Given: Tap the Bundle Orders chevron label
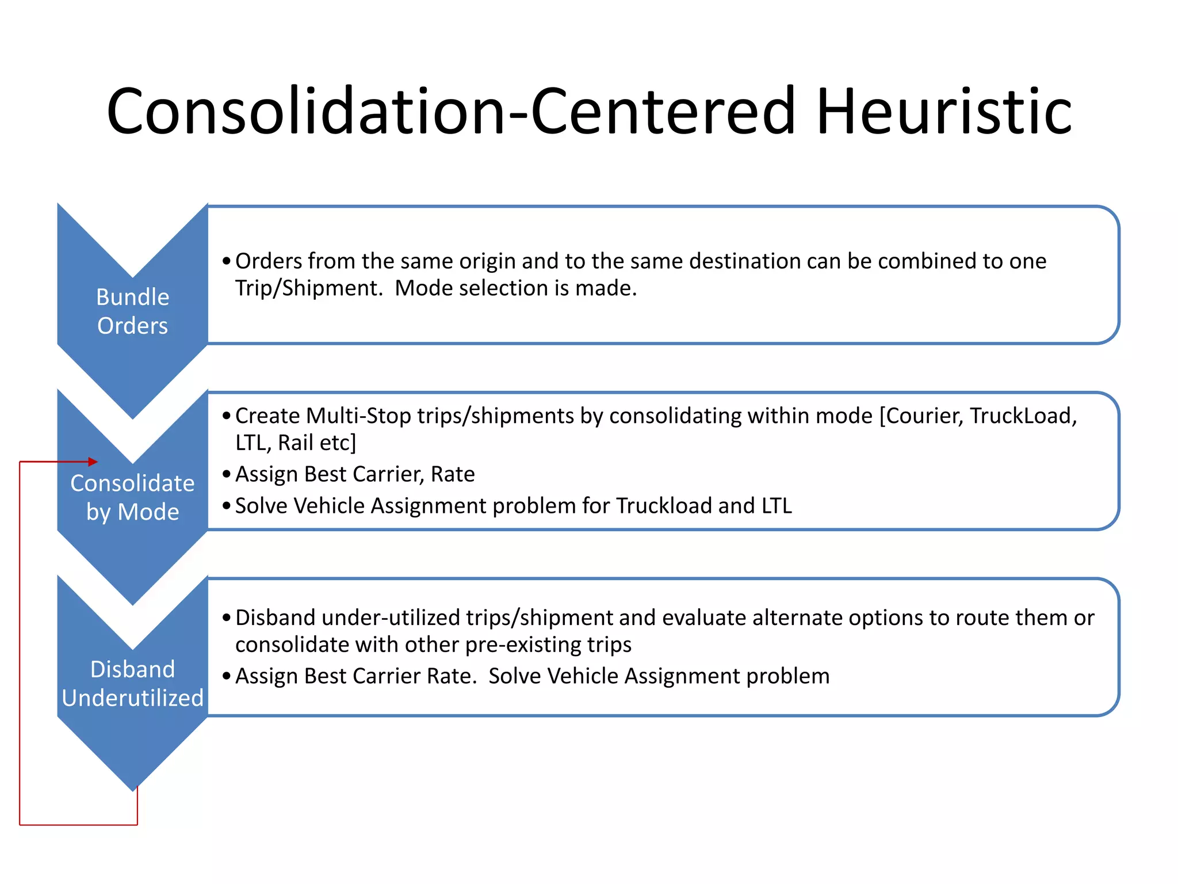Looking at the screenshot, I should click(132, 311).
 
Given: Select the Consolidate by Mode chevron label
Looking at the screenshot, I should click(132, 497).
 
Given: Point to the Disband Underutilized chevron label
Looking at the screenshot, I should click(132, 683).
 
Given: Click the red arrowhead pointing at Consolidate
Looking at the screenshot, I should click(93, 462).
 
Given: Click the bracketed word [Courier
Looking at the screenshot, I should click(921, 416).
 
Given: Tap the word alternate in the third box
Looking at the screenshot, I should click(797, 618).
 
